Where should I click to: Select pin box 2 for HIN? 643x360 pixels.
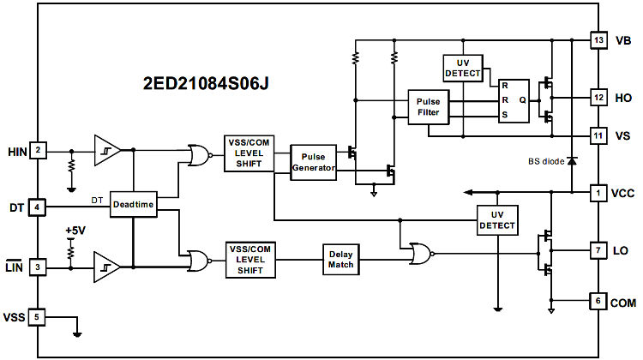pyautogui.click(x=38, y=150)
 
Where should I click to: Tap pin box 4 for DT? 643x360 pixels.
pyautogui.click(x=38, y=207)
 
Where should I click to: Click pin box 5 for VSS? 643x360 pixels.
pyautogui.click(x=38, y=316)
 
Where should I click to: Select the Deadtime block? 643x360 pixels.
pyautogui.click(x=133, y=207)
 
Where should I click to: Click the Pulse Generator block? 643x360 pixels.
pyautogui.click(x=314, y=162)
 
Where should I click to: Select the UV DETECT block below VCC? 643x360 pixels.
pyautogui.click(x=497, y=219)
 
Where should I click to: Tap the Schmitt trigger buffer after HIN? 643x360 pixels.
pyautogui.click(x=107, y=150)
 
